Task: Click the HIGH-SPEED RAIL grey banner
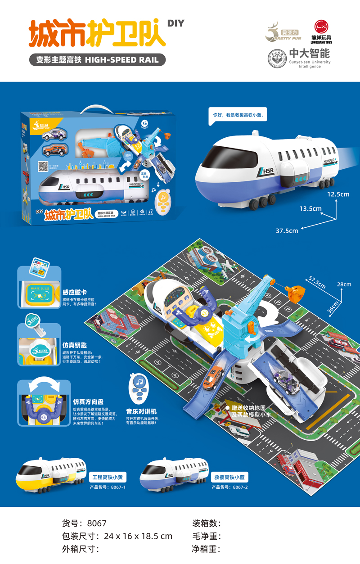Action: pyautogui.click(x=98, y=60)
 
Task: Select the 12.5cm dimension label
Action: pyautogui.click(x=339, y=194)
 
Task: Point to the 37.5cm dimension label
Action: pyautogui.click(x=287, y=230)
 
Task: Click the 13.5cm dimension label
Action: pyautogui.click(x=310, y=208)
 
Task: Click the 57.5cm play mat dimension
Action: pyautogui.click(x=317, y=282)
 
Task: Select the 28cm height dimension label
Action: pyautogui.click(x=344, y=284)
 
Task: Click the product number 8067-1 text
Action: pyautogui.click(x=108, y=487)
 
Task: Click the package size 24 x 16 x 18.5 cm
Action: pyautogui.click(x=137, y=536)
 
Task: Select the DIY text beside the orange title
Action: pyautogui.click(x=175, y=23)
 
